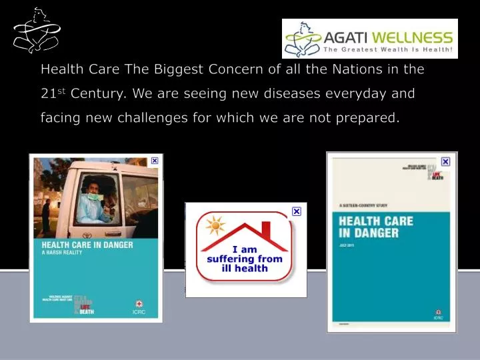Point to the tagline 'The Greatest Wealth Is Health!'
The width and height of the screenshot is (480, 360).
[388, 49]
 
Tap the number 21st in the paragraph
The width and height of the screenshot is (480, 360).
[53, 93]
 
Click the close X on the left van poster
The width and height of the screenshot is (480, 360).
[155, 161]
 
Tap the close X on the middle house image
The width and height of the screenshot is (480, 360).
[297, 211]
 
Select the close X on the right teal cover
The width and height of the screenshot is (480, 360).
[445, 161]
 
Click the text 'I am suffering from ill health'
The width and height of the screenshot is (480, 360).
[245, 259]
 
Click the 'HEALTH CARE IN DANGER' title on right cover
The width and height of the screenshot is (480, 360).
[376, 227]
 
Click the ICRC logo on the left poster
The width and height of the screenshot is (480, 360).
[138, 307]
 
